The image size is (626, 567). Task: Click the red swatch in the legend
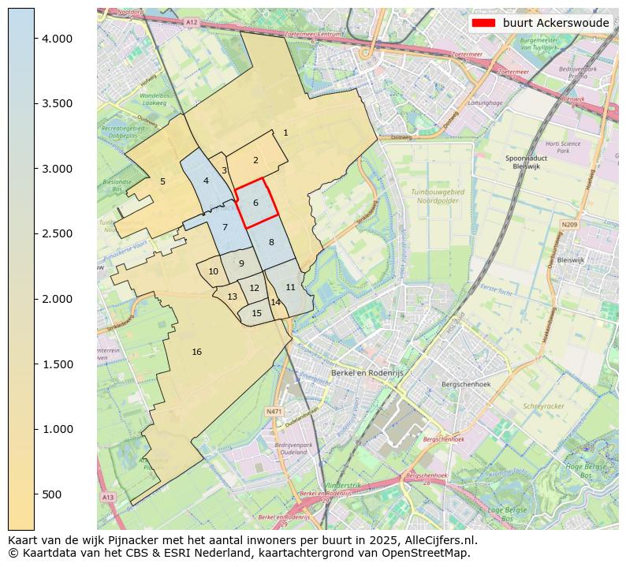pyautogui.click(x=483, y=23)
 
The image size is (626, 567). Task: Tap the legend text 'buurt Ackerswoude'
pyautogui.click(x=556, y=23)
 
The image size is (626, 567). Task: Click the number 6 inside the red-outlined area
pyautogui.click(x=255, y=203)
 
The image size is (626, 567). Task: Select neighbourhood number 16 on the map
pyautogui.click(x=196, y=352)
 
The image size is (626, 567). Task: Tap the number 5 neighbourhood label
pyautogui.click(x=162, y=181)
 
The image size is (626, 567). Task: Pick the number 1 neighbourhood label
pyautogui.click(x=285, y=132)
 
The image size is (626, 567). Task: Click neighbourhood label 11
pyautogui.click(x=290, y=287)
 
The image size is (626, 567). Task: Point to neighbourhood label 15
pyautogui.click(x=256, y=313)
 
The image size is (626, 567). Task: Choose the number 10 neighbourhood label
pyautogui.click(x=213, y=271)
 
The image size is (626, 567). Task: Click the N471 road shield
pyautogui.click(x=274, y=411)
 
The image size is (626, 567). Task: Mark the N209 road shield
pyautogui.click(x=569, y=225)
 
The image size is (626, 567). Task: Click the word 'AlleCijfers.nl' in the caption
pyautogui.click(x=442, y=541)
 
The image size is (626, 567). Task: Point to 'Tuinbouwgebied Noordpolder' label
pyautogui.click(x=438, y=196)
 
